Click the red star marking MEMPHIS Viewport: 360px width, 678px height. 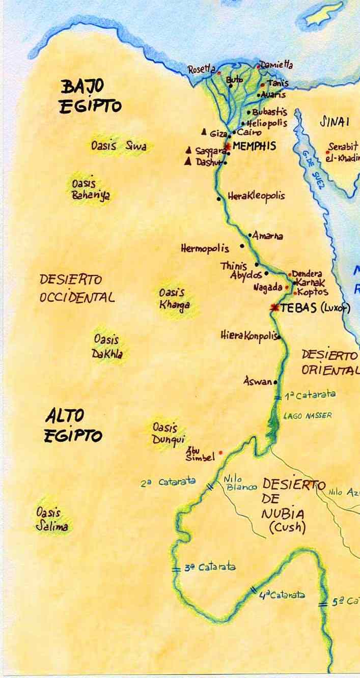(x=228, y=147)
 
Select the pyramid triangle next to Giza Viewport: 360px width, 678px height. (x=204, y=133)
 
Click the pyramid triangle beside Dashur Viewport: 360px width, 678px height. (x=188, y=161)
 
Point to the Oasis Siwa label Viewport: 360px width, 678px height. (x=119, y=146)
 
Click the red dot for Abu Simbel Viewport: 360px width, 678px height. (x=220, y=452)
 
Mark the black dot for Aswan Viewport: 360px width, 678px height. (x=275, y=382)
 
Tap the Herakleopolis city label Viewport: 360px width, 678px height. (x=256, y=196)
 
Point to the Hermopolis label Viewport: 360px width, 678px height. (x=205, y=249)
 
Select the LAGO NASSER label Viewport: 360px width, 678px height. (x=308, y=416)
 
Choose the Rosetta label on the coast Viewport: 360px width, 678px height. (x=202, y=70)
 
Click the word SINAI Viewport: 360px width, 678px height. (x=334, y=122)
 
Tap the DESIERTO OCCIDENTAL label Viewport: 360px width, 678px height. (x=76, y=288)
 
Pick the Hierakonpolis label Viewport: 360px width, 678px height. (x=249, y=335)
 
